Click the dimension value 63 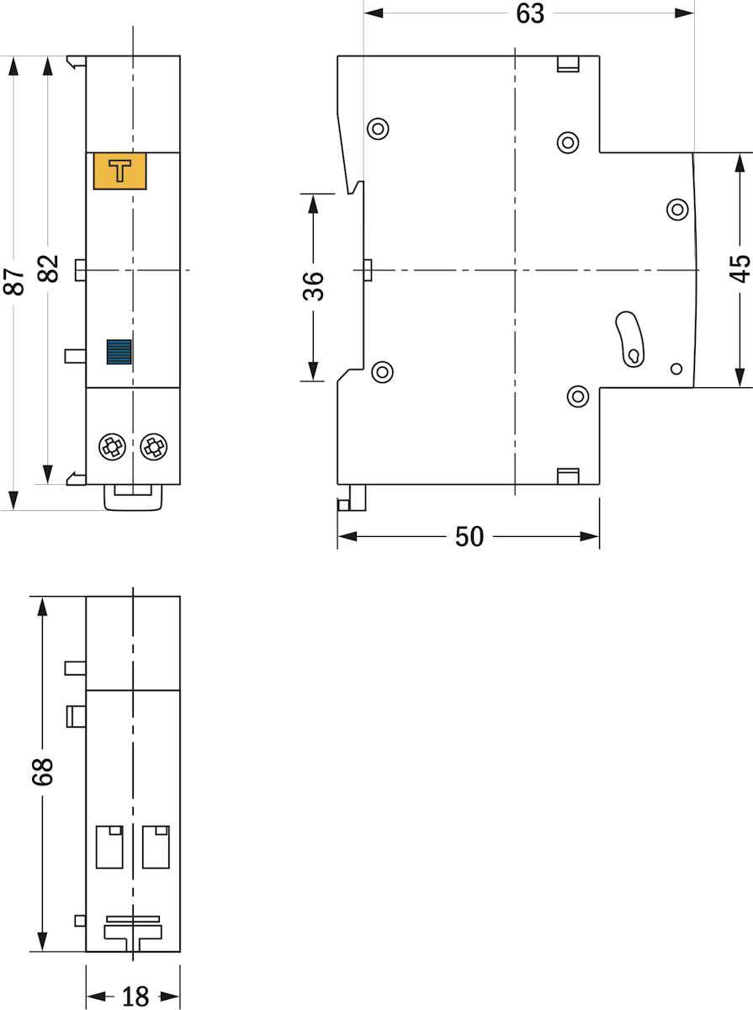click(530, 13)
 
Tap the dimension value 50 click(469, 536)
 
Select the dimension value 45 click(740, 268)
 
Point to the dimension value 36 click(314, 286)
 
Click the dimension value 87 click(13, 281)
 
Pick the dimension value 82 click(48, 268)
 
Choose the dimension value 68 click(43, 772)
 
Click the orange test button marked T click(120, 171)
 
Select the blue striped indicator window click(119, 352)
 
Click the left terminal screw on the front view click(112, 446)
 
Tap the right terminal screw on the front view click(154, 446)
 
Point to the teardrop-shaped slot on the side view click(629, 339)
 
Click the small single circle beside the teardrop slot click(676, 369)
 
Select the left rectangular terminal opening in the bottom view click(109, 847)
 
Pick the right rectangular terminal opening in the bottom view click(156, 847)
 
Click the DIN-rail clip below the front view click(133, 497)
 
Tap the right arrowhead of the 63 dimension click(684, 13)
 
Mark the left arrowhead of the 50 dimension click(347, 536)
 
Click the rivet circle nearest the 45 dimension click(677, 210)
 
